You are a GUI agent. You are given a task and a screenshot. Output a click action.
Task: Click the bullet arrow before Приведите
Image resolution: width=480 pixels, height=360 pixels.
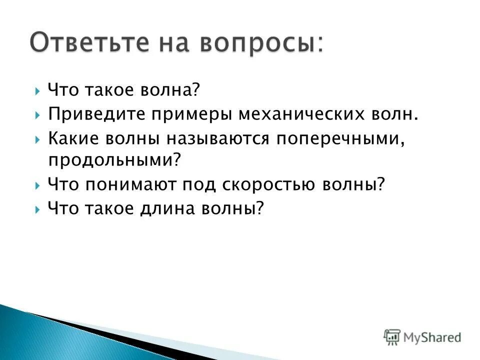(x=38, y=115)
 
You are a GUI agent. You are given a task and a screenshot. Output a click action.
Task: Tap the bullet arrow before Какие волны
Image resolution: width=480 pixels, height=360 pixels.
(x=38, y=139)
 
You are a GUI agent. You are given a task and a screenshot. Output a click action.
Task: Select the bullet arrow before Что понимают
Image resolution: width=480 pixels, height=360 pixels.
(x=38, y=185)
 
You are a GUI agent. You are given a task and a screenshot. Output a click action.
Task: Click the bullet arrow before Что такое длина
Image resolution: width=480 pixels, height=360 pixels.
(x=38, y=208)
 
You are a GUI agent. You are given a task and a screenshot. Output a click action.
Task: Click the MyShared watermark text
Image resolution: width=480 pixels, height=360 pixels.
(x=433, y=337)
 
